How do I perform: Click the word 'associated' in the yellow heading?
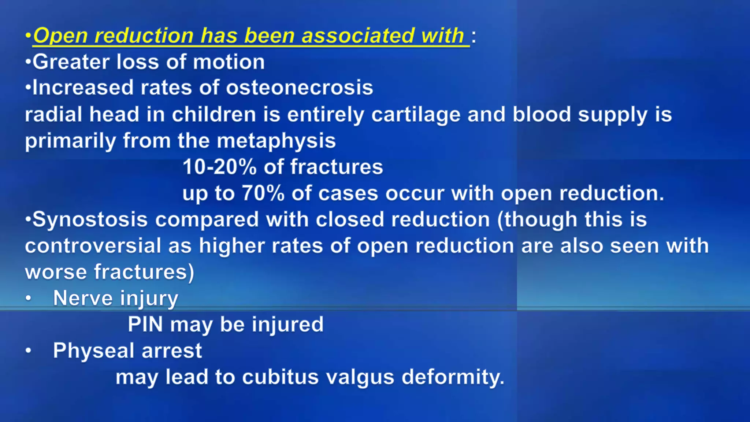pos(358,36)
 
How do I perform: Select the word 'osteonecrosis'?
pos(299,88)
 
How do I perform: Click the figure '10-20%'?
pos(219,167)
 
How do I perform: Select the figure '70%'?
pos(263,193)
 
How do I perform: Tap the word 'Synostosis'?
pos(90,220)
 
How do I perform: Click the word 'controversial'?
pos(93,246)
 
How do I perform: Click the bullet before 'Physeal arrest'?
pos(29,351)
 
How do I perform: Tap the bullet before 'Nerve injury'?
pos(29,299)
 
